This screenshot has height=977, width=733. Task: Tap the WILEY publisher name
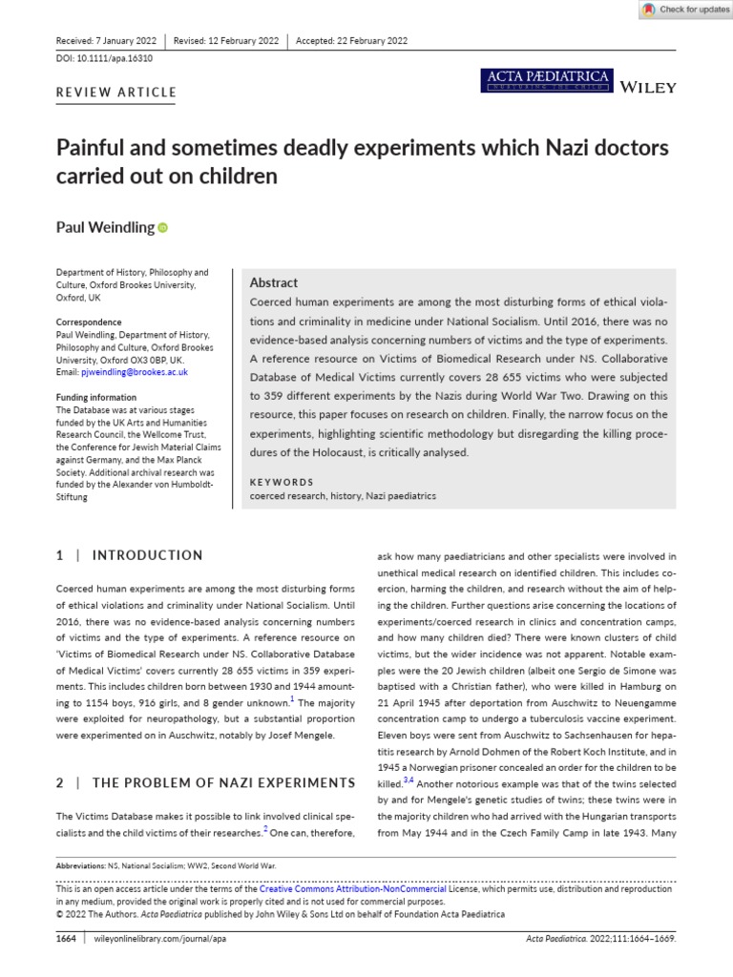point(648,87)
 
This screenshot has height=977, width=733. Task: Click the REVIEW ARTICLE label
point(116,93)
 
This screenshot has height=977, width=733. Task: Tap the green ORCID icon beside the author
point(161,228)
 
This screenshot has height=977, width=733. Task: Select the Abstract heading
point(274,282)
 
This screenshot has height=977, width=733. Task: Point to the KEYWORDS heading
point(282,482)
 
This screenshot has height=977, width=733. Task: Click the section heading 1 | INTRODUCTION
point(129,555)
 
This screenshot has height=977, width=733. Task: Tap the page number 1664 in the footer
point(67,939)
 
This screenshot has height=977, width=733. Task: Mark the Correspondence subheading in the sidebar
point(88,322)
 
